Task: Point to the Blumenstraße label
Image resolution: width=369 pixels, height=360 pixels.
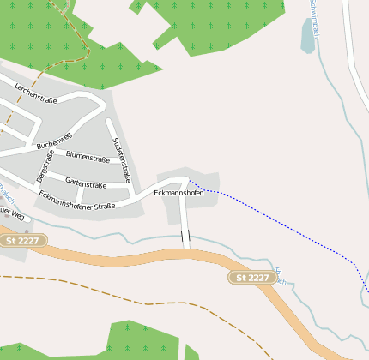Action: [x=88, y=158]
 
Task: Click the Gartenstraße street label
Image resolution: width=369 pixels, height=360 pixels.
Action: [x=86, y=183]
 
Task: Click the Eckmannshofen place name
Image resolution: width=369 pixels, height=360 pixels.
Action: [x=178, y=194]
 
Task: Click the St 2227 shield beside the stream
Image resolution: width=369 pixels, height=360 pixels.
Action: [x=252, y=277]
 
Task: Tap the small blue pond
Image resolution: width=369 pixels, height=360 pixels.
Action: [x=308, y=36]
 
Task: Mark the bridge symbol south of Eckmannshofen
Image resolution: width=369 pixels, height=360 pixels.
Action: [x=185, y=237]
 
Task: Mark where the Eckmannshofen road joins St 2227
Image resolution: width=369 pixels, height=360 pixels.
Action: [x=186, y=250]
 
